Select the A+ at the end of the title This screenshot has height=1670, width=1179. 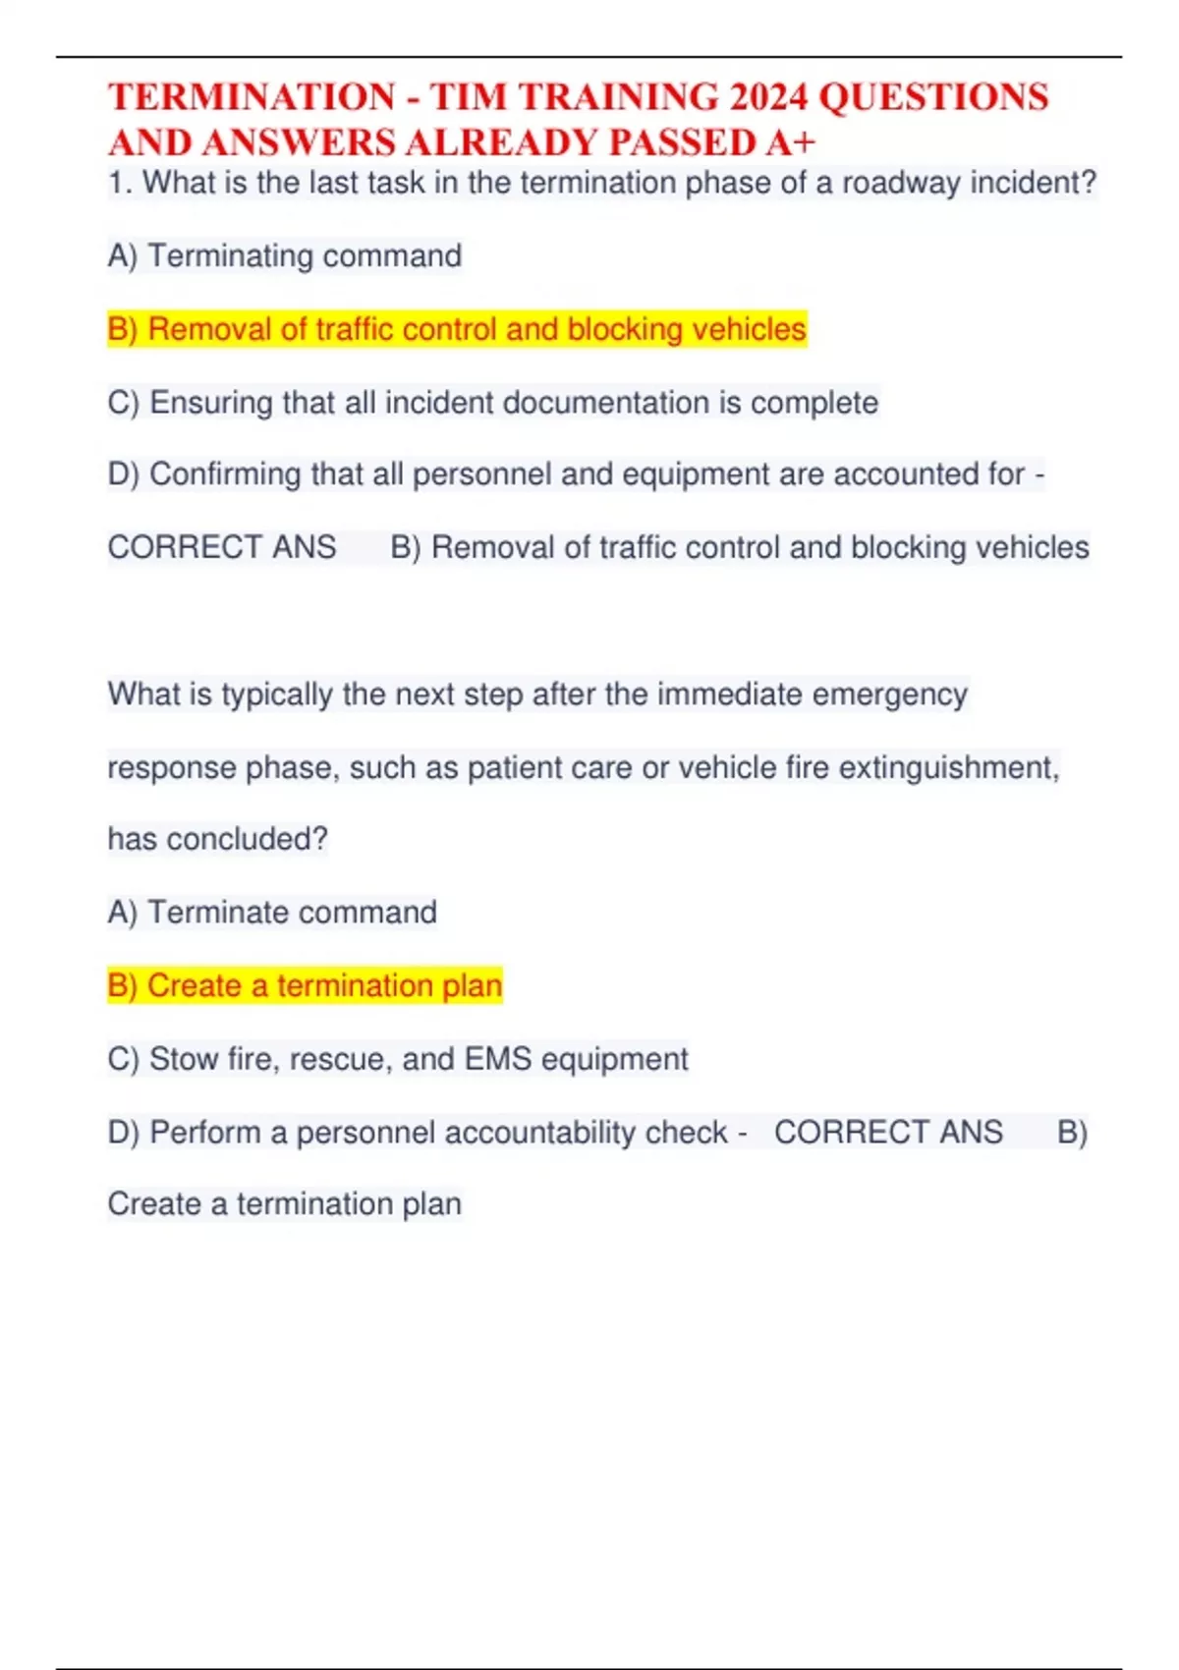pyautogui.click(x=791, y=142)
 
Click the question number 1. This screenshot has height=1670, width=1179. pyautogui.click(x=118, y=183)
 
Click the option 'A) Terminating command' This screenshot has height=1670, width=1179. pyautogui.click(x=285, y=256)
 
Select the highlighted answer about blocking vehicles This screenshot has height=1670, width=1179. pyautogui.click(x=457, y=329)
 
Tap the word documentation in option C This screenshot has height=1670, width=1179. pyautogui.click(x=562, y=403)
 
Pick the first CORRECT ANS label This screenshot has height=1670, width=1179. pyautogui.click(x=222, y=547)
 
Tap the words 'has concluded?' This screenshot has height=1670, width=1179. pyautogui.click(x=217, y=839)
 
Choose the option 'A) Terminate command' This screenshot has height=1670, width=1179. pyautogui.click(x=272, y=913)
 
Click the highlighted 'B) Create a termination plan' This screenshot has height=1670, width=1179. pyautogui.click(x=305, y=985)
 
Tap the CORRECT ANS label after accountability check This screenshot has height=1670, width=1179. pyautogui.click(x=888, y=1133)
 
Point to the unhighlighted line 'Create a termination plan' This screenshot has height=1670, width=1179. pyautogui.click(x=284, y=1204)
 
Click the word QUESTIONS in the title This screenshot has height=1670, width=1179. pyautogui.click(x=933, y=97)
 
